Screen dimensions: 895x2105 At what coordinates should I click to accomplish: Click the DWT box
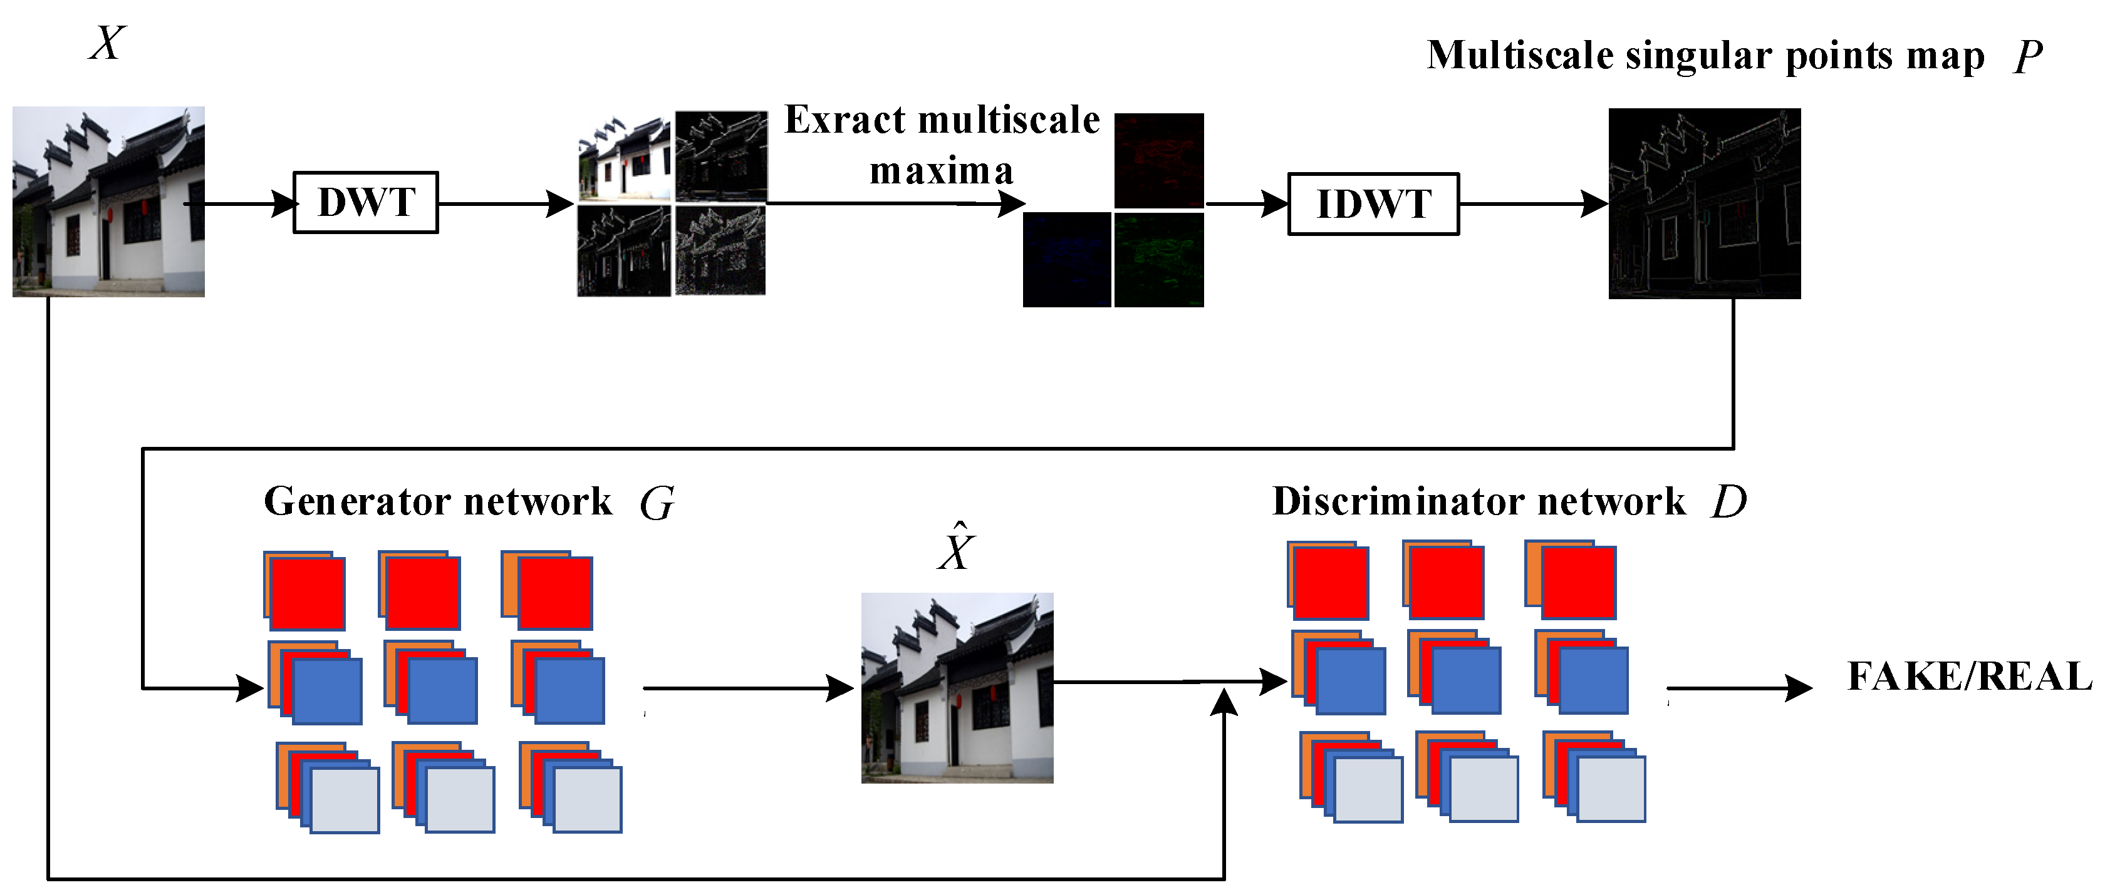(365, 203)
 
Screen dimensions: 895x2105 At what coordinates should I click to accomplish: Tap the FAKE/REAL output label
(1969, 676)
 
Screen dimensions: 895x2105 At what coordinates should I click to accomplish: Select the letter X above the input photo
(107, 43)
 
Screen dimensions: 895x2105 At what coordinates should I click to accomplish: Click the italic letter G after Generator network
(657, 503)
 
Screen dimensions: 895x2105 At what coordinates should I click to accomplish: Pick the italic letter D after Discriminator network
(1728, 501)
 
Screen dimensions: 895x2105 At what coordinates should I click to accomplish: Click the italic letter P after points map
(2028, 57)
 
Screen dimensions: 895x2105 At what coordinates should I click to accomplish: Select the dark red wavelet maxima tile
(1159, 160)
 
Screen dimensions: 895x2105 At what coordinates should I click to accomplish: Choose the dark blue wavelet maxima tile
(1066, 260)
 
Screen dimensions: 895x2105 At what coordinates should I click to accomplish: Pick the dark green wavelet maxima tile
(1159, 260)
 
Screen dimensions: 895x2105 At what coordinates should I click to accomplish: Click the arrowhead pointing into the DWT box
(284, 203)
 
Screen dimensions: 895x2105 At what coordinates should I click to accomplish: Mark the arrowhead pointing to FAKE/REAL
(1798, 688)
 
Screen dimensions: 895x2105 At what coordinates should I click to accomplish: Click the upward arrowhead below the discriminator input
(1224, 702)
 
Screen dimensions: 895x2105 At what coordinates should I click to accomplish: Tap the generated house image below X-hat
(957, 688)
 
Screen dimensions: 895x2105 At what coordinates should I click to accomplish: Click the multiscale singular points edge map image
(1704, 203)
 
